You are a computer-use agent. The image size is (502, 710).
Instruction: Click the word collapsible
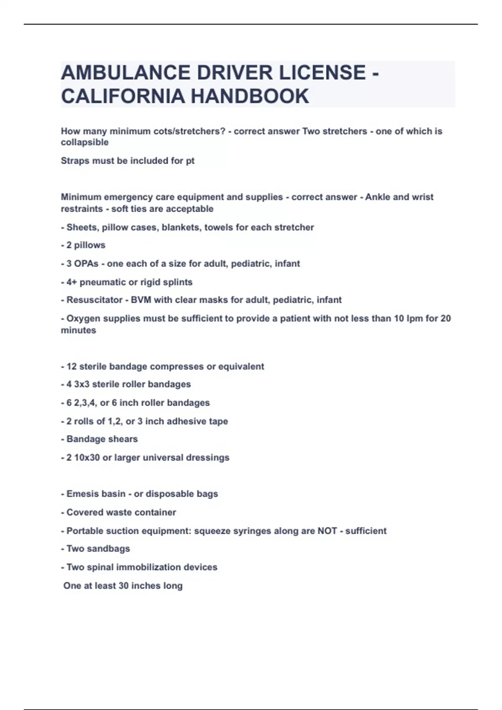pyautogui.click(x=85, y=142)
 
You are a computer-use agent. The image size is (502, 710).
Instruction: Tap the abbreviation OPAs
pyautogui.click(x=86, y=264)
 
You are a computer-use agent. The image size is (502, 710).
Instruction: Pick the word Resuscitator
pyautogui.click(x=95, y=300)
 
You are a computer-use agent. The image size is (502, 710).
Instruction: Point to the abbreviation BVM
pyautogui.click(x=141, y=300)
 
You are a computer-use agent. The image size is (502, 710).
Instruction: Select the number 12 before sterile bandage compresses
pyautogui.click(x=72, y=367)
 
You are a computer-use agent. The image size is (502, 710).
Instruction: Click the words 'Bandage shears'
pyautogui.click(x=102, y=439)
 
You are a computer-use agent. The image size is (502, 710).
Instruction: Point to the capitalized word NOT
pyautogui.click(x=327, y=531)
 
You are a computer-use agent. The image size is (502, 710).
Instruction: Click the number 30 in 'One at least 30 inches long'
pyautogui.click(x=123, y=586)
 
